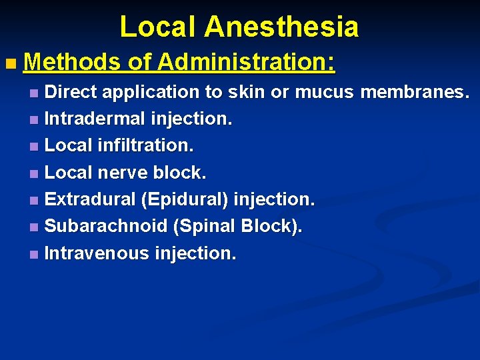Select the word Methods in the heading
(x=73, y=63)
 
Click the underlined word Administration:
(x=246, y=63)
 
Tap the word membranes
(x=415, y=91)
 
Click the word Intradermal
(x=95, y=119)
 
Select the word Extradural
(x=92, y=199)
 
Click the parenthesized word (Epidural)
(x=187, y=199)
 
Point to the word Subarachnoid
(x=105, y=226)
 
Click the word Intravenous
(x=97, y=253)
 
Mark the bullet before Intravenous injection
(x=34, y=255)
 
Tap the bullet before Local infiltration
(x=34, y=147)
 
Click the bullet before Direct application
(x=34, y=93)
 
